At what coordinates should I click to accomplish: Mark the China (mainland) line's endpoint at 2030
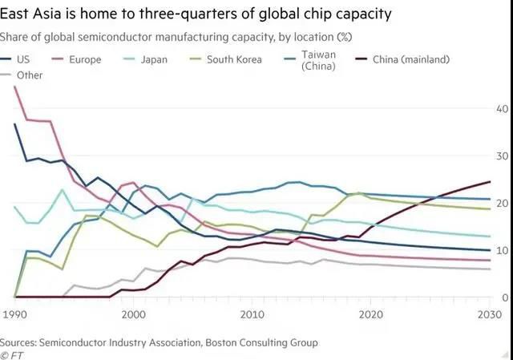click(490, 182)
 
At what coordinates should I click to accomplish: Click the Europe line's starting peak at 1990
click(15, 87)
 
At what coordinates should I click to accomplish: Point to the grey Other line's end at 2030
click(490, 269)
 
